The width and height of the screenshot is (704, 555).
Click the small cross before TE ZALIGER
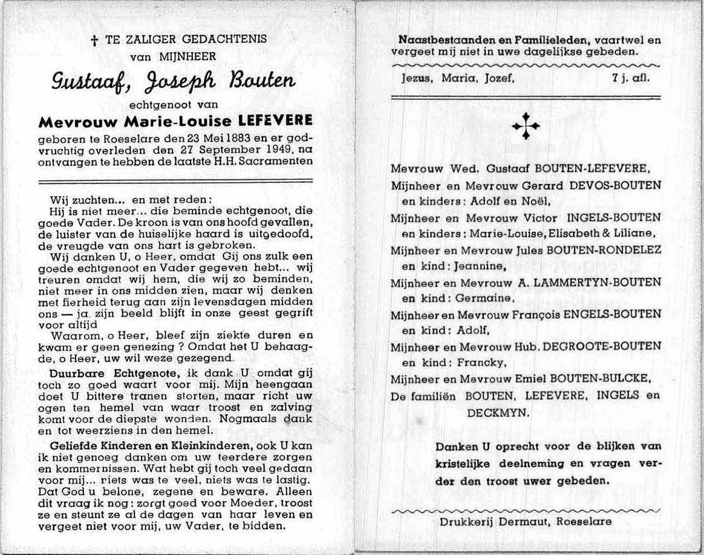pos(94,41)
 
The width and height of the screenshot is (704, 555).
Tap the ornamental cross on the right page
pos(526,126)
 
